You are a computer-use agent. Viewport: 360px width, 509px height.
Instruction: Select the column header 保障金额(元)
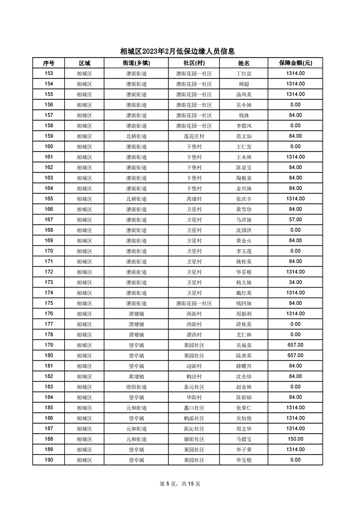coord(295,63)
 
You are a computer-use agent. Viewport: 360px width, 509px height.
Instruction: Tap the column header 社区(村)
coord(194,63)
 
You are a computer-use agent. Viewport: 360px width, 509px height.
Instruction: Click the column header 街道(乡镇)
coord(136,63)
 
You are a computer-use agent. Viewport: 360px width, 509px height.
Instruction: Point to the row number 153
coord(49,73)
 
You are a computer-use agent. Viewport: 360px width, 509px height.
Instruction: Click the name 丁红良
coord(244,73)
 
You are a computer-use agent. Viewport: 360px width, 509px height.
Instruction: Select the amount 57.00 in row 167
coord(295,220)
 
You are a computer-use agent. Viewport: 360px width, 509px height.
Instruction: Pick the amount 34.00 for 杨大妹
coord(295,282)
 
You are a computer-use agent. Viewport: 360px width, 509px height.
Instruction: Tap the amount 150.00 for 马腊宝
coord(295,439)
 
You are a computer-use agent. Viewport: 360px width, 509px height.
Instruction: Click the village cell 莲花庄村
coord(194,136)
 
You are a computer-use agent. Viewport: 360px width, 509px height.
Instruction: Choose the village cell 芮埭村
coord(194,199)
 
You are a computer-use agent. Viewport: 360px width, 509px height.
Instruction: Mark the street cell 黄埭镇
coord(136,376)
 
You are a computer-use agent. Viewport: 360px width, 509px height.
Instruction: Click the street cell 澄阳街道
coord(136,387)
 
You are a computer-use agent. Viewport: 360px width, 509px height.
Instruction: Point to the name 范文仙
coord(244,136)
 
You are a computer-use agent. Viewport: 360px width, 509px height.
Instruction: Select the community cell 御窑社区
coord(194,439)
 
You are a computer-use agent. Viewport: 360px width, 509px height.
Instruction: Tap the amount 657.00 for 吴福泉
coord(295,345)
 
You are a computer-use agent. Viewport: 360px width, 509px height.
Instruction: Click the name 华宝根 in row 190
coord(244,460)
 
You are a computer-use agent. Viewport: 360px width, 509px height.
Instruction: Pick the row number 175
coord(49,303)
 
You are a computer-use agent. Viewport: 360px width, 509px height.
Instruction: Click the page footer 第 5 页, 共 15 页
coord(180,484)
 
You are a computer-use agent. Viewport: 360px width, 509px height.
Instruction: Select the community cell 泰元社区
coord(194,387)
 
